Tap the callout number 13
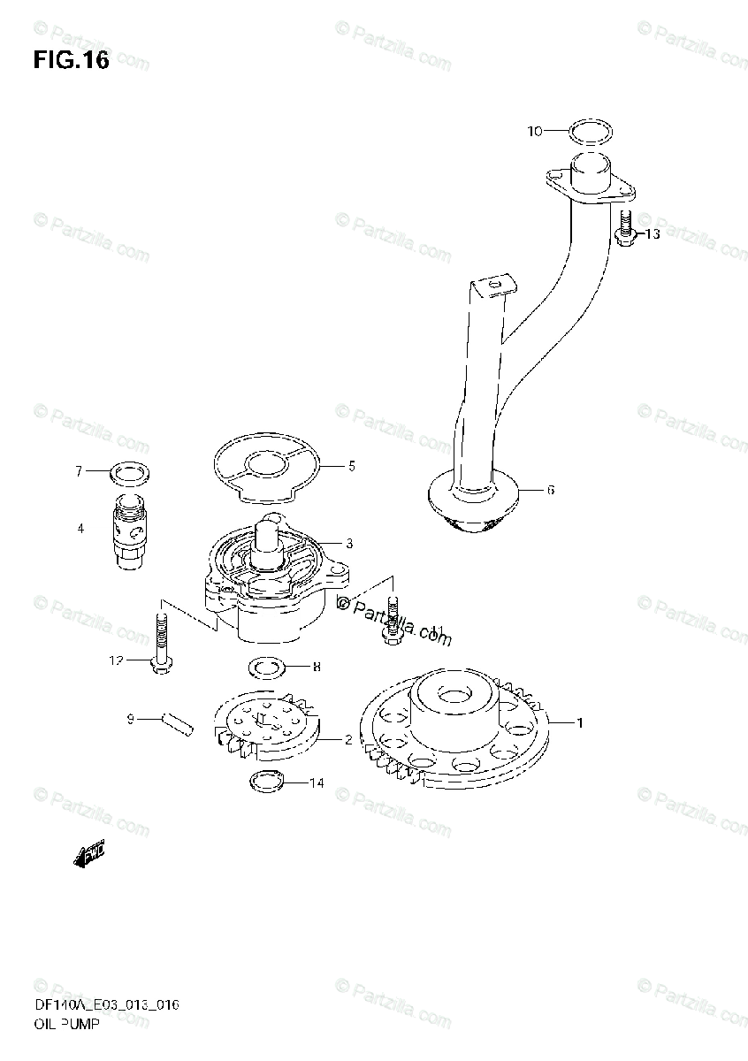[x=652, y=234]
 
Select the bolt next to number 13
[x=624, y=230]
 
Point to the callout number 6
[x=550, y=490]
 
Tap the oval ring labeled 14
[x=265, y=782]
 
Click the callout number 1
[x=580, y=724]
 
